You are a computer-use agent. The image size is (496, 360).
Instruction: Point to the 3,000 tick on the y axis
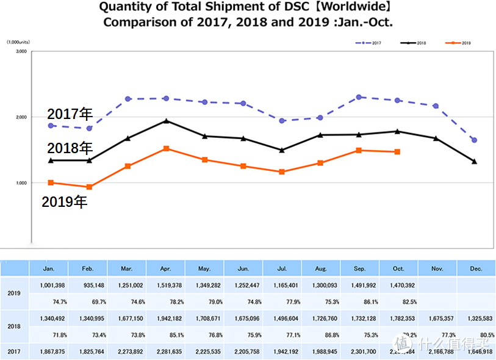tap(21, 52)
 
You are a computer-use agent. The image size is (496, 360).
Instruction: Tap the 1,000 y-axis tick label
tap(21, 183)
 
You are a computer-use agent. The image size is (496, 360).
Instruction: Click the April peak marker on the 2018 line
tap(167, 121)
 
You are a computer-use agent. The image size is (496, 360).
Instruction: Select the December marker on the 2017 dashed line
tap(474, 140)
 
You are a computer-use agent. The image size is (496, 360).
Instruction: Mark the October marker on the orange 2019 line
tap(397, 152)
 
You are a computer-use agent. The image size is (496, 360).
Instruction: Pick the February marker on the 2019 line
tap(89, 187)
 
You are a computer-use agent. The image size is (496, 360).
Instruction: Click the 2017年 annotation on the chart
tap(70, 114)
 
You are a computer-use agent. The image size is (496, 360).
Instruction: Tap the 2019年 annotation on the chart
tap(64, 202)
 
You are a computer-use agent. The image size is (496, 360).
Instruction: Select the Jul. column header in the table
tap(282, 268)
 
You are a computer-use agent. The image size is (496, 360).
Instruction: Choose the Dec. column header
tap(477, 268)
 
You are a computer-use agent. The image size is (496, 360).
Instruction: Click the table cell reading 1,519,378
tap(166, 284)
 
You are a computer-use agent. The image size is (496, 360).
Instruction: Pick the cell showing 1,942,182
tap(166, 318)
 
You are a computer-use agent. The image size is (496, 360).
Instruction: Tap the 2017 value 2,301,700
tap(360, 351)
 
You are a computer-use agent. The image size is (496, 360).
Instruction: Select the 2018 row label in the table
tap(15, 326)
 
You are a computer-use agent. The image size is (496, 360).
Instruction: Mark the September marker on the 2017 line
tap(359, 97)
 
